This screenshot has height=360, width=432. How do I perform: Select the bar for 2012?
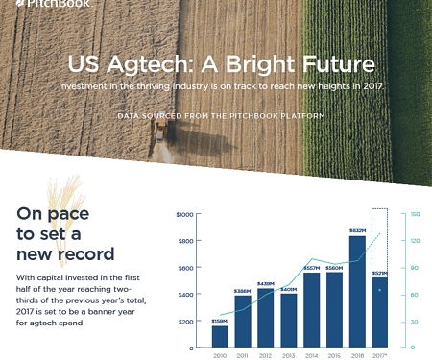(265, 317)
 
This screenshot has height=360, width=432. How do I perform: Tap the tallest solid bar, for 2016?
(356, 290)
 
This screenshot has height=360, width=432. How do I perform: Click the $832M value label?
(356, 231)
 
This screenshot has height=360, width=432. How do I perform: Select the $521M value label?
(380, 274)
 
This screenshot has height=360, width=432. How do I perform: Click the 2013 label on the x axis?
(288, 354)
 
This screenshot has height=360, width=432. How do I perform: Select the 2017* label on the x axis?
(380, 354)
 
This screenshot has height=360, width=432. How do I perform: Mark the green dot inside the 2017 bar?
(380, 289)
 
